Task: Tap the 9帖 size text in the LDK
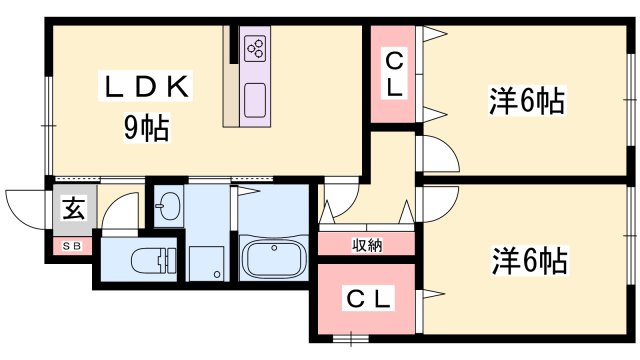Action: (144, 127)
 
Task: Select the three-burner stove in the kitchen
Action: (255, 50)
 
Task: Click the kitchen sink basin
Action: (255, 101)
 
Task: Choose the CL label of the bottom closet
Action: (369, 298)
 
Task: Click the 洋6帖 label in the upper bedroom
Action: (526, 101)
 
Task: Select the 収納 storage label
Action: (366, 244)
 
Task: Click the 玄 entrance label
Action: (73, 209)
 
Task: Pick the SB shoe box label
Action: (72, 244)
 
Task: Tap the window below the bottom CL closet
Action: (351, 339)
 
